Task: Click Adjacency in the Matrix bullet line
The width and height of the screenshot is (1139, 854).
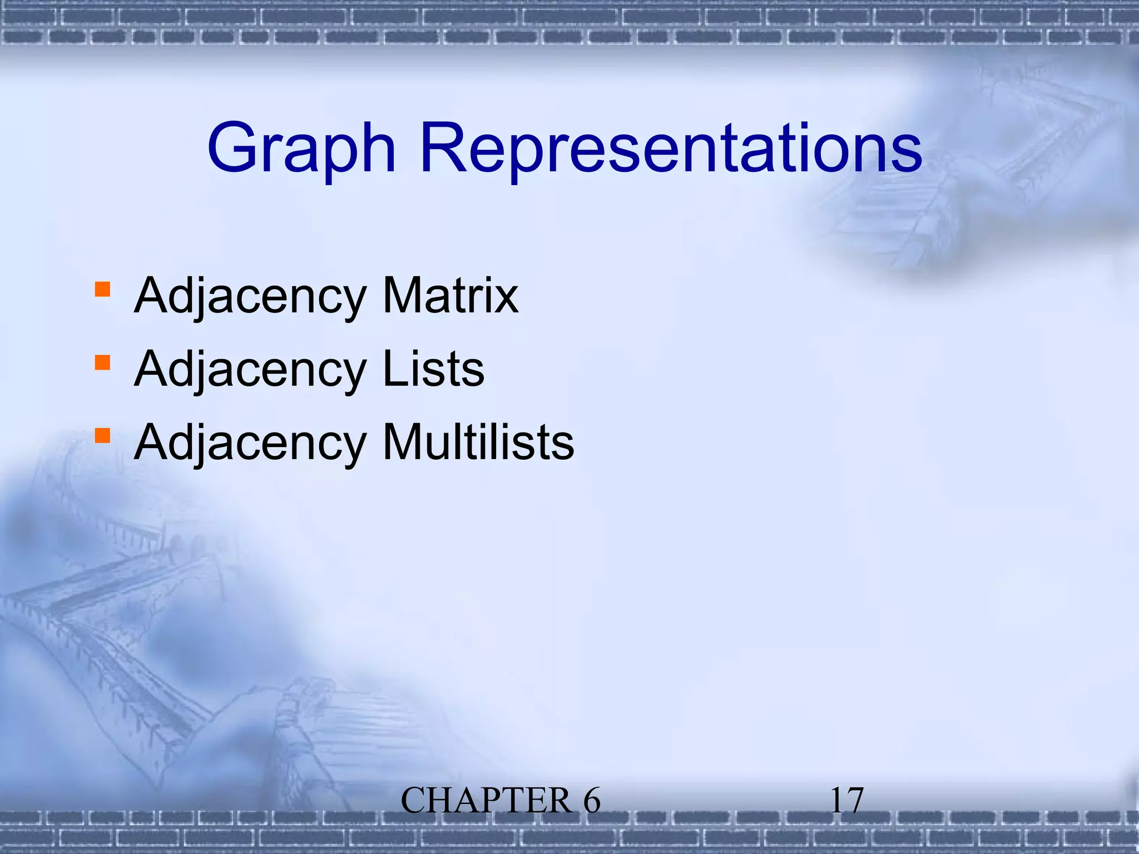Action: click(250, 296)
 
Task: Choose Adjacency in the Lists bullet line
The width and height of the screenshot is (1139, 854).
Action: click(250, 370)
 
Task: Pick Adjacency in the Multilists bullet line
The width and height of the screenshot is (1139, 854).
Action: click(250, 443)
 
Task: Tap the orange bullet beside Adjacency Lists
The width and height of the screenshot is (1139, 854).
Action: click(102, 363)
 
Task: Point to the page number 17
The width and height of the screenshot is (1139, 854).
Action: click(846, 801)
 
